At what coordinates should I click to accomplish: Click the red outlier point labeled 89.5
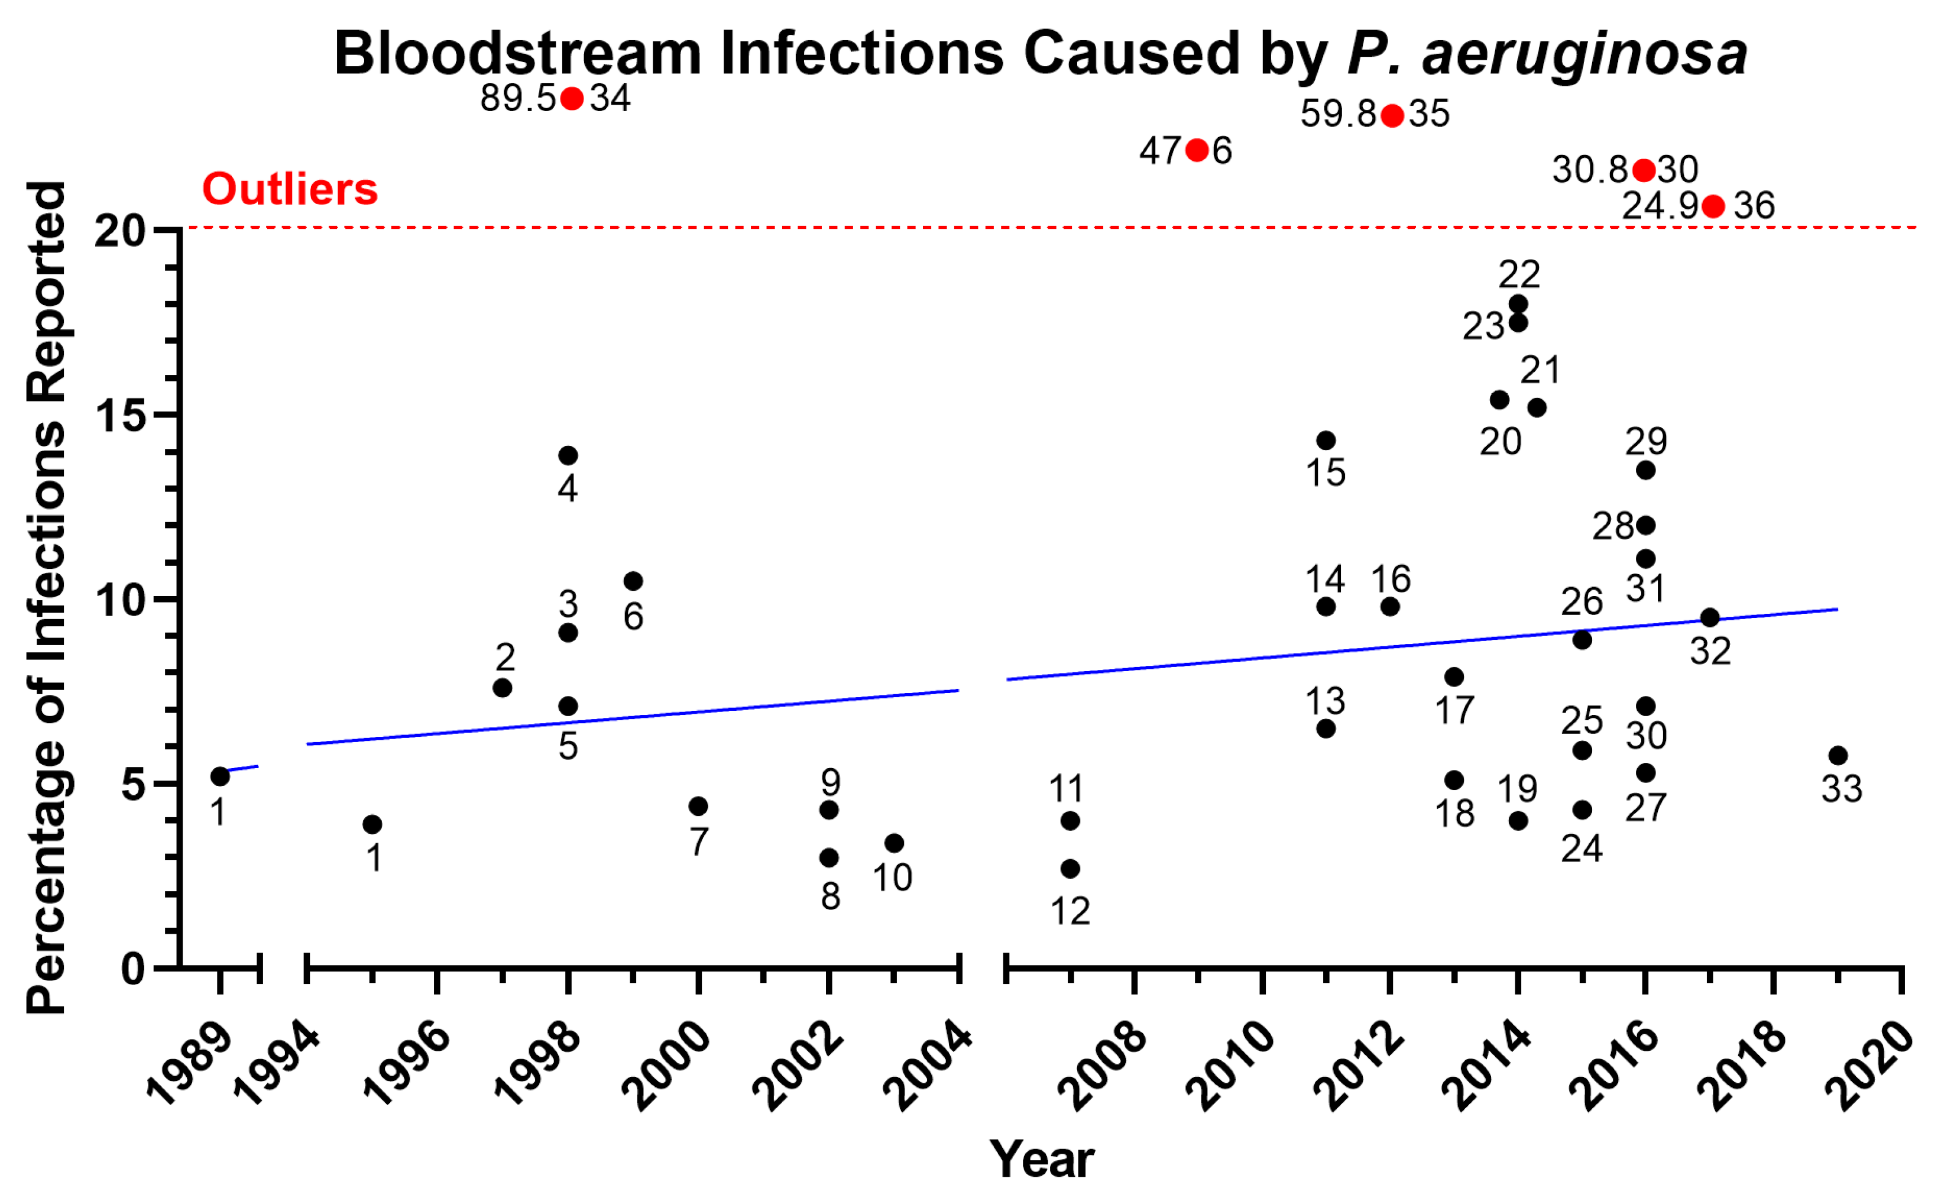click(572, 99)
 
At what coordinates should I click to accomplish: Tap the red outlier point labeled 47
click(1197, 150)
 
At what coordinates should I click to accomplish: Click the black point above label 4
click(568, 455)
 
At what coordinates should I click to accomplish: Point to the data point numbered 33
click(1838, 755)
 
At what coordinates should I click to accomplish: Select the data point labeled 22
click(1518, 304)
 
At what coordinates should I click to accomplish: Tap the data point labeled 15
click(1326, 440)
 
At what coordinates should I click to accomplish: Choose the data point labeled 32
click(1710, 617)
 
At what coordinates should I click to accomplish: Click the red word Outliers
click(290, 189)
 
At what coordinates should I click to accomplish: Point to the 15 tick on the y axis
click(122, 415)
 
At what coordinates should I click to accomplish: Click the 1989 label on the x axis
click(189, 1064)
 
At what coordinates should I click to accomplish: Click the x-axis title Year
click(1041, 1159)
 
